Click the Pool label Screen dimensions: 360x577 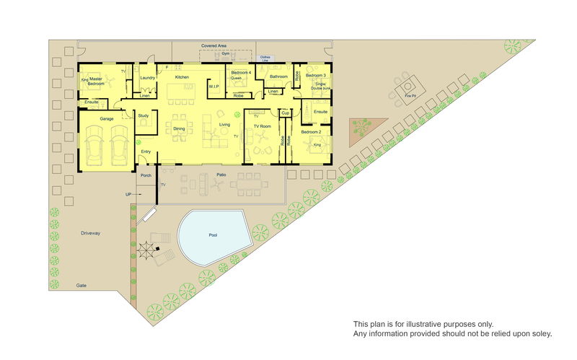pos(213,235)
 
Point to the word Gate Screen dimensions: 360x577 pos(82,286)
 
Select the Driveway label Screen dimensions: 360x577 pos(91,233)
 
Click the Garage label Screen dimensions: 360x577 pos(107,118)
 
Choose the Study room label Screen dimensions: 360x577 pos(143,115)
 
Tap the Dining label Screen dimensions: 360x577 pos(180,128)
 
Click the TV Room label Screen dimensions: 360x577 pos(262,127)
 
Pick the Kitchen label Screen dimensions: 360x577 pos(182,77)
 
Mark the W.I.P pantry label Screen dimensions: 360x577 pos(213,87)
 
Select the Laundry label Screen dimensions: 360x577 pos(147,78)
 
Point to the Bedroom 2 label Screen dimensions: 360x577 pos(312,132)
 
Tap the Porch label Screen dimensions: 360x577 pos(146,175)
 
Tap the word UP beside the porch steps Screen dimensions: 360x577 pos(128,195)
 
